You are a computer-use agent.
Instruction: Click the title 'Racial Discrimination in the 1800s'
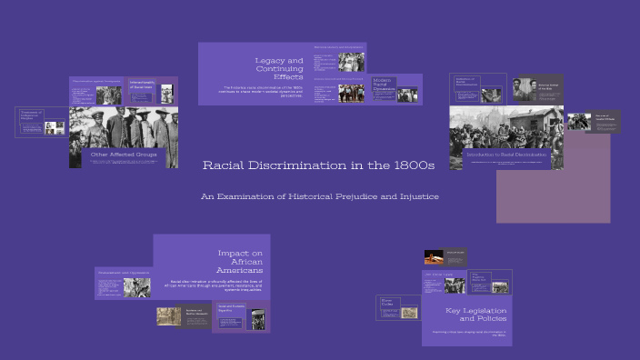318,165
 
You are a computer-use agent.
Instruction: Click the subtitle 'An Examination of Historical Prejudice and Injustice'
320,196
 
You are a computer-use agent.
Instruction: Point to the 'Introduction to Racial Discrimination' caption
506,155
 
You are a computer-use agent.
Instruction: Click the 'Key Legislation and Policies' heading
475,315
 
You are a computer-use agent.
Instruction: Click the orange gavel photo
434,257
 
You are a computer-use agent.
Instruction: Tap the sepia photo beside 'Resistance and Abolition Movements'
169,315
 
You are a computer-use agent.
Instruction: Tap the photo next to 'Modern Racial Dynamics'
407,94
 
